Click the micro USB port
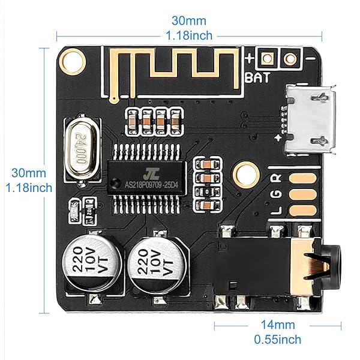click(310, 118)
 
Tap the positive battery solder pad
click(268, 59)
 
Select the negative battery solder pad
click(292, 59)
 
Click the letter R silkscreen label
click(276, 178)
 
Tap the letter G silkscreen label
click(276, 194)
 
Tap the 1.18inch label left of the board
click(27, 187)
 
